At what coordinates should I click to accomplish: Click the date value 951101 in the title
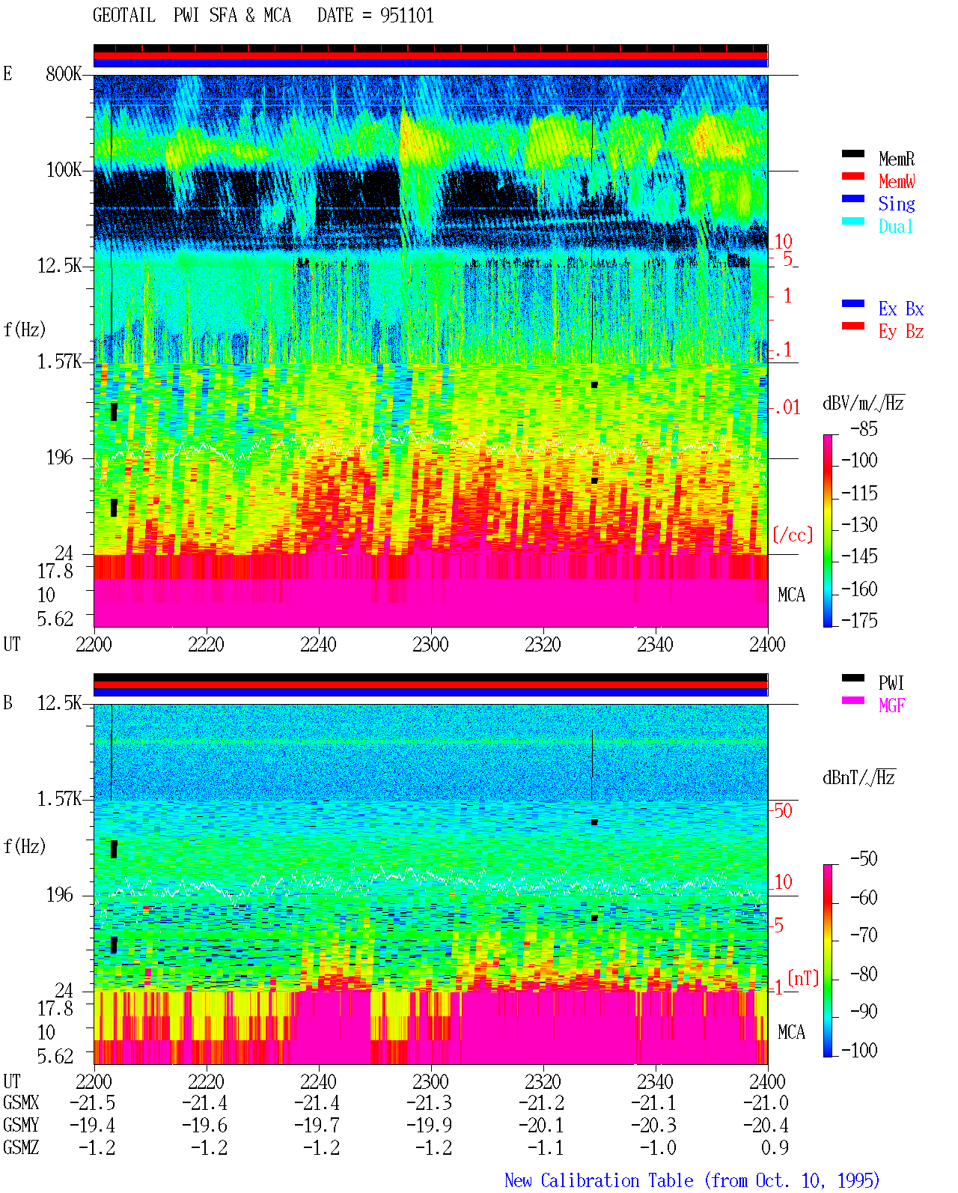pyautogui.click(x=406, y=16)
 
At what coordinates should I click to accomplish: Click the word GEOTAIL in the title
pyautogui.click(x=124, y=16)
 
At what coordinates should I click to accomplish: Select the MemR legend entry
pyautogui.click(x=897, y=159)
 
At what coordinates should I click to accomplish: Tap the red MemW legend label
pyautogui.click(x=897, y=181)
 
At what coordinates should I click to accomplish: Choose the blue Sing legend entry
pyautogui.click(x=897, y=204)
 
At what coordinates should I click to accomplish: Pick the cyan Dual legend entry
pyautogui.click(x=895, y=226)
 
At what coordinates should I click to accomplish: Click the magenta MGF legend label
pyautogui.click(x=891, y=705)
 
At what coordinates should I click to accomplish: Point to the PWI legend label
pyautogui.click(x=891, y=683)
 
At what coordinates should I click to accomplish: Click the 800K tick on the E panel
pyautogui.click(x=64, y=73)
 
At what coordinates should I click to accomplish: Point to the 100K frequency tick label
pyautogui.click(x=64, y=170)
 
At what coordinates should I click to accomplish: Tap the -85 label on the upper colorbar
pyautogui.click(x=864, y=429)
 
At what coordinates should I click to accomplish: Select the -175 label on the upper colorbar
pyautogui.click(x=859, y=620)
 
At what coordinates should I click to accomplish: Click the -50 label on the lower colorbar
pyautogui.click(x=864, y=859)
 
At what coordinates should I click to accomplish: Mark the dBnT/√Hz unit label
pyautogui.click(x=858, y=777)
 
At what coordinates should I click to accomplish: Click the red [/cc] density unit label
pyautogui.click(x=793, y=535)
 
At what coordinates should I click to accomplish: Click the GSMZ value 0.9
pyautogui.click(x=775, y=1147)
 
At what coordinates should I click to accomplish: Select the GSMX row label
pyautogui.click(x=21, y=1102)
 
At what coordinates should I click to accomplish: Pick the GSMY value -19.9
pyautogui.click(x=430, y=1126)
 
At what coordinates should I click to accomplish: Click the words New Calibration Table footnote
pyautogui.click(x=599, y=1180)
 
